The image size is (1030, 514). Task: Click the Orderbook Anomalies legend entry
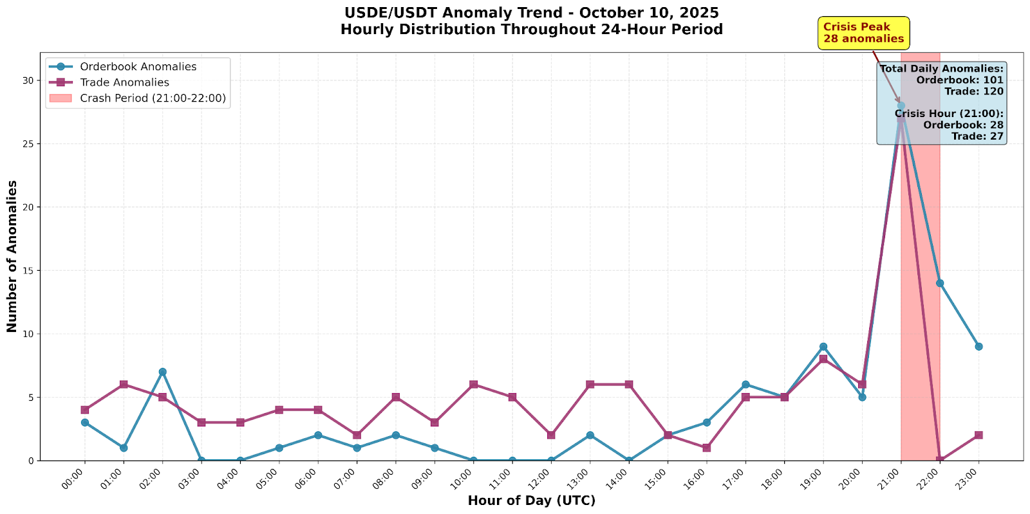[138, 67]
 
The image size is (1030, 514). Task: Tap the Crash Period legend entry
[153, 98]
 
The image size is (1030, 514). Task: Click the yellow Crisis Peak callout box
[863, 33]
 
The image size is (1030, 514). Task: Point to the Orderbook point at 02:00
[162, 372]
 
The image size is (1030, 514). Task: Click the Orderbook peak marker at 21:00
[901, 106]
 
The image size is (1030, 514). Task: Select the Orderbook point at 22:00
[940, 283]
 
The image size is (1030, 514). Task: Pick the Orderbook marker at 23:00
[979, 346]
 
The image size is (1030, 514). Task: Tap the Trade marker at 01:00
[124, 384]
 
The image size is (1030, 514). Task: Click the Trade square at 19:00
[823, 359]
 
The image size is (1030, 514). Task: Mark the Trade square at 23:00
[979, 435]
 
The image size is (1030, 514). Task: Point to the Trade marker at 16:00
[706, 448]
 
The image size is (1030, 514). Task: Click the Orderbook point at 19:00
[823, 347]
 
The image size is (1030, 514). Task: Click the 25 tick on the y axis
[26, 143]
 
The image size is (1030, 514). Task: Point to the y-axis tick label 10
[26, 334]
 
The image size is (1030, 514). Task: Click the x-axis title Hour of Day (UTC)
[531, 501]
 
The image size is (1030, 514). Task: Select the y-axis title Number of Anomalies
[12, 256]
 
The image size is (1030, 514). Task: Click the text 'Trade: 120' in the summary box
[973, 91]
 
